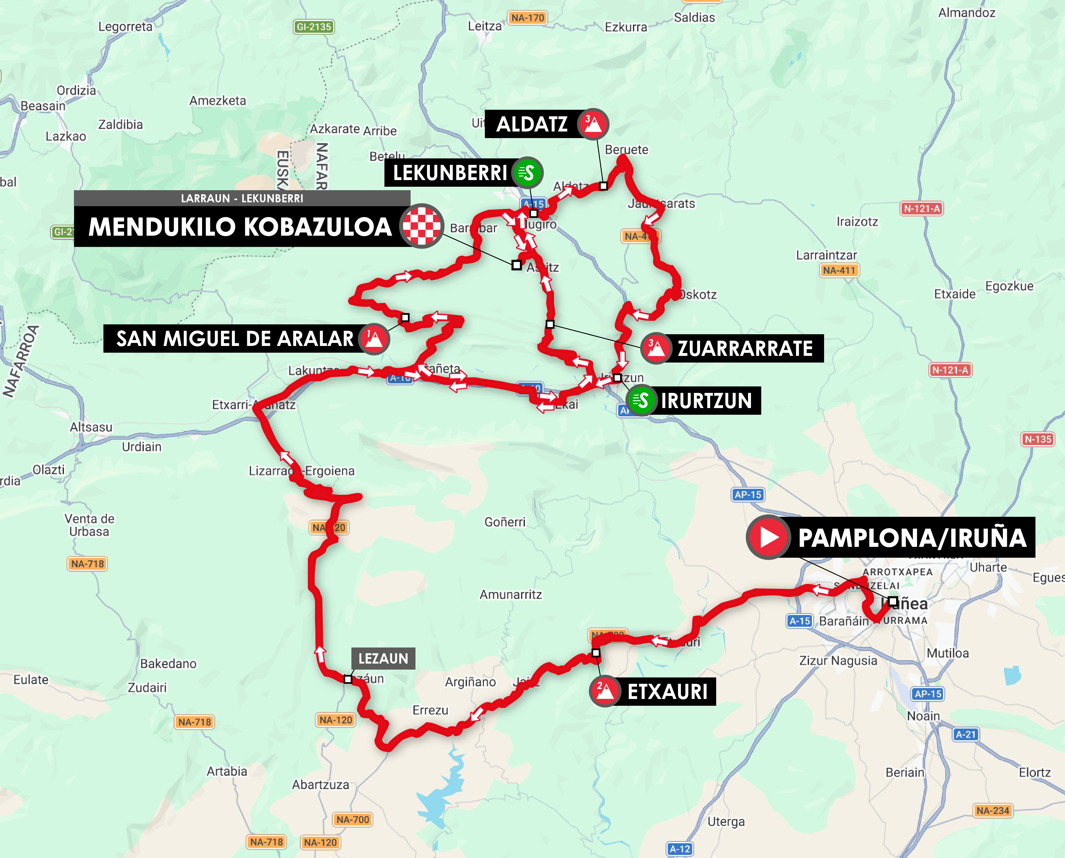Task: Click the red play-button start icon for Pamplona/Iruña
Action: click(x=767, y=537)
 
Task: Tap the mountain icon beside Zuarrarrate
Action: click(x=656, y=348)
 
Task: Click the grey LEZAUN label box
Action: click(x=383, y=658)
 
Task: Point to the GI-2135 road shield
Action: click(x=314, y=27)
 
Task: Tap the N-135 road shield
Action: click(x=1038, y=439)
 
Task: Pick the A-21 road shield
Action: click(x=966, y=734)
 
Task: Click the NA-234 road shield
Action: click(x=993, y=810)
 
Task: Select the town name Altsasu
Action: click(x=91, y=427)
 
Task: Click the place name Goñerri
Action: click(x=504, y=522)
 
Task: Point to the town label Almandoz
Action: click(x=967, y=13)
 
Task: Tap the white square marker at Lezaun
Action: click(x=348, y=679)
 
